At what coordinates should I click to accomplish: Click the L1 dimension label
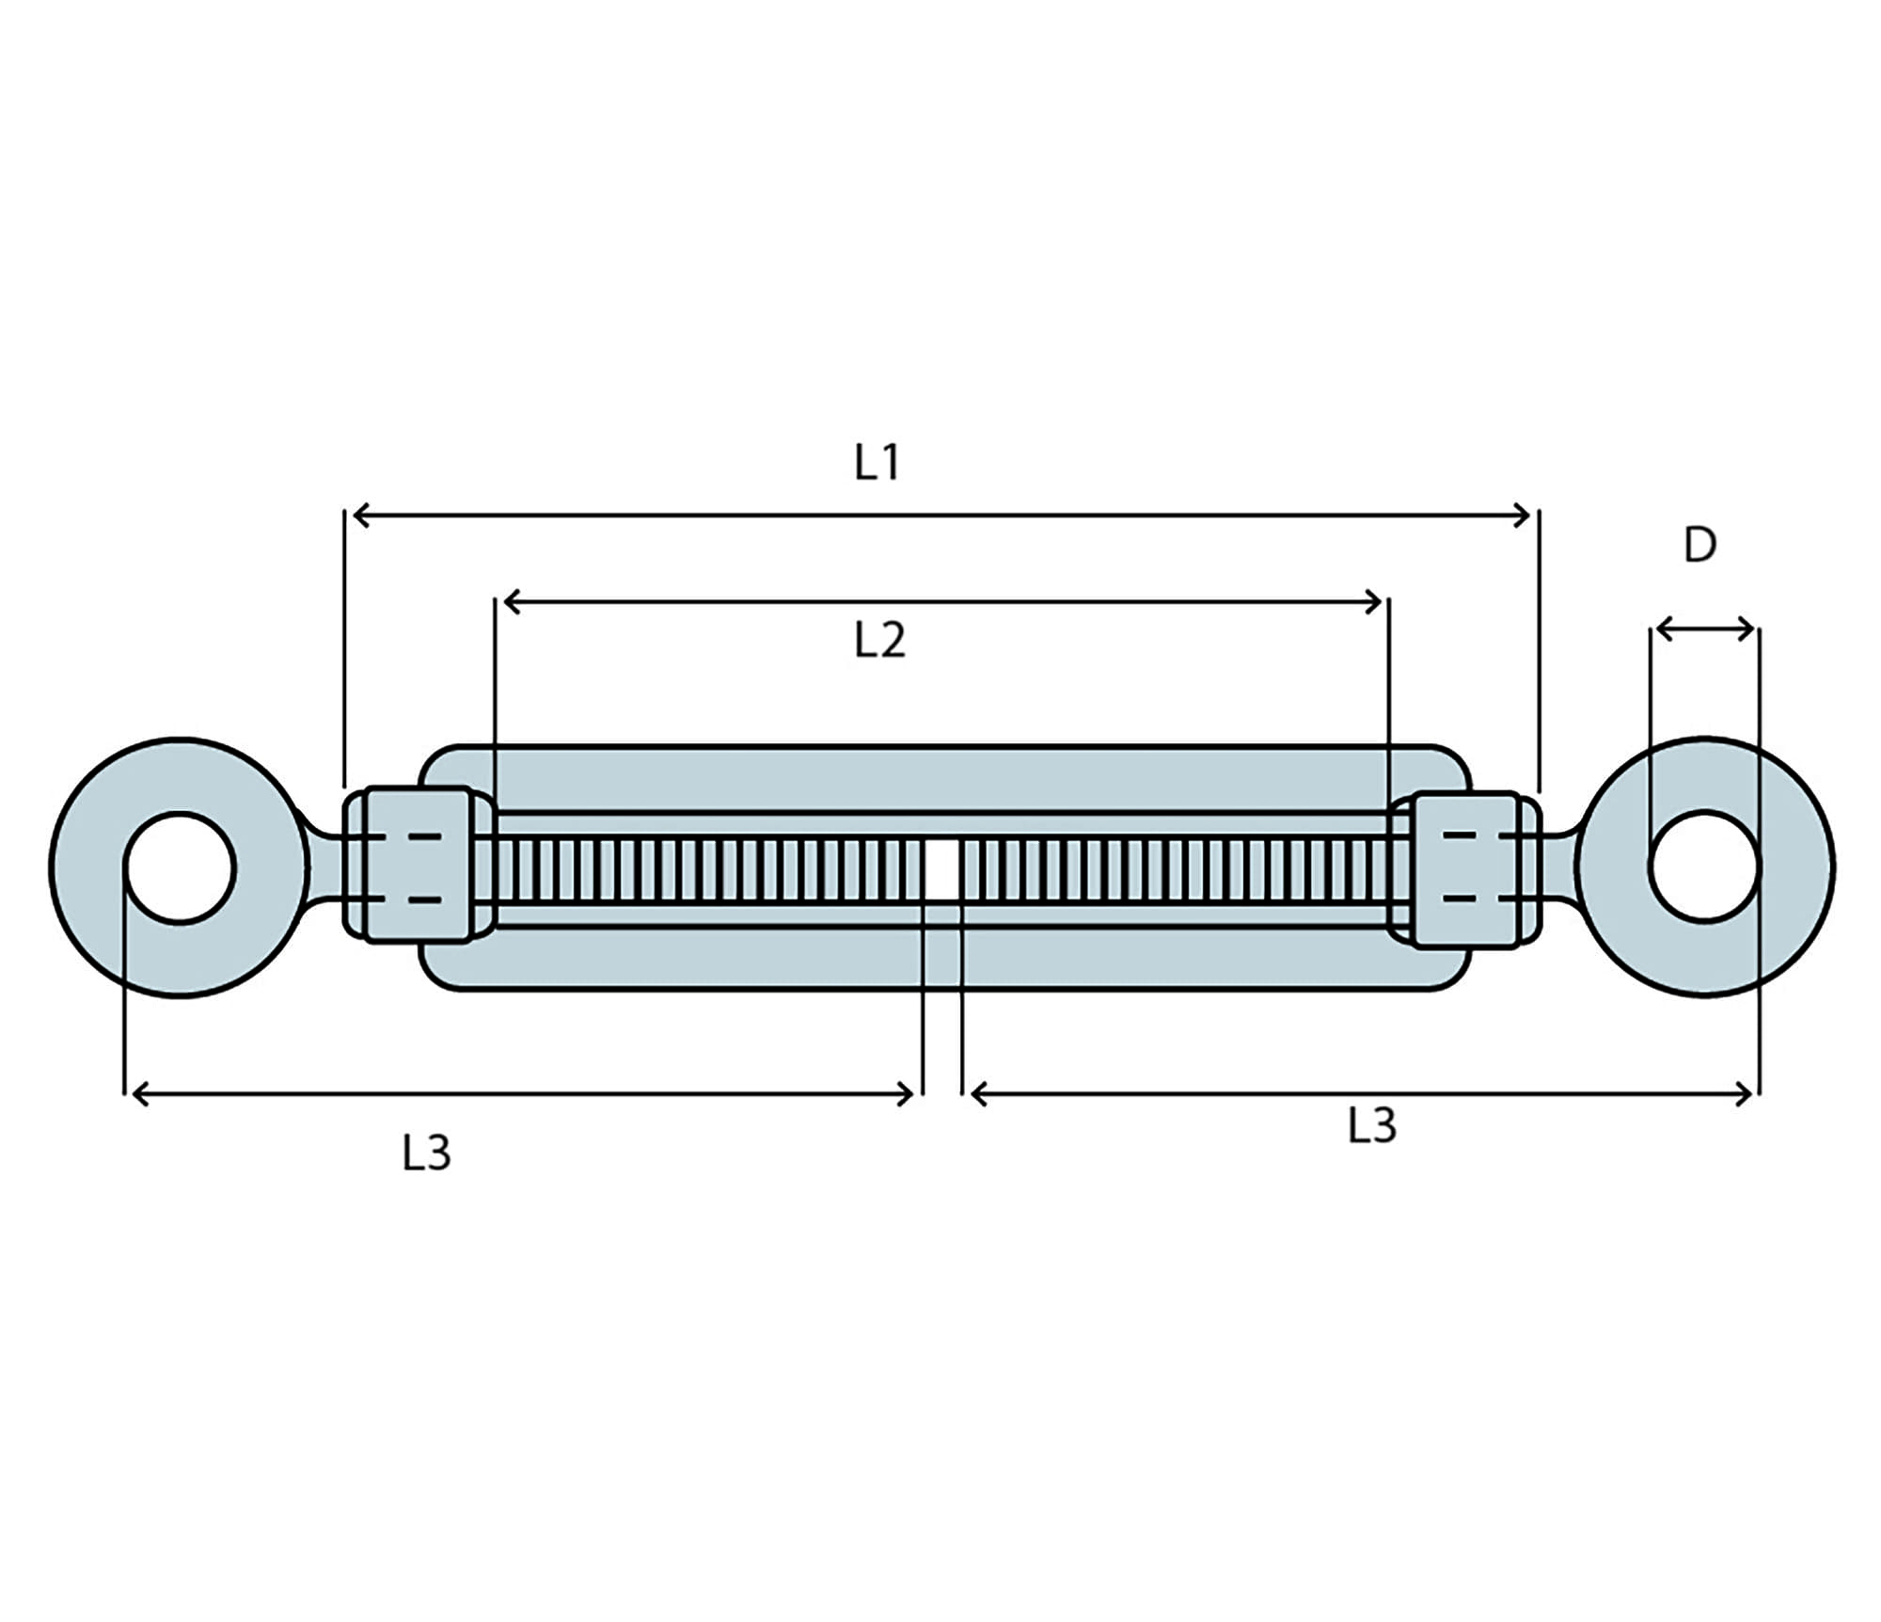pos(877,463)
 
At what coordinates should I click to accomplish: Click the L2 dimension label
pos(879,641)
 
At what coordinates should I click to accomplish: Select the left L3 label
pos(426,1153)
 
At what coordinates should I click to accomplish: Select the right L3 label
pos(1372,1125)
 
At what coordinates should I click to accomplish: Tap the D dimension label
pos(1699,545)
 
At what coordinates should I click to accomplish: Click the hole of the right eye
pos(1703,866)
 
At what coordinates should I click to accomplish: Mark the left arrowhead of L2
pos(512,602)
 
